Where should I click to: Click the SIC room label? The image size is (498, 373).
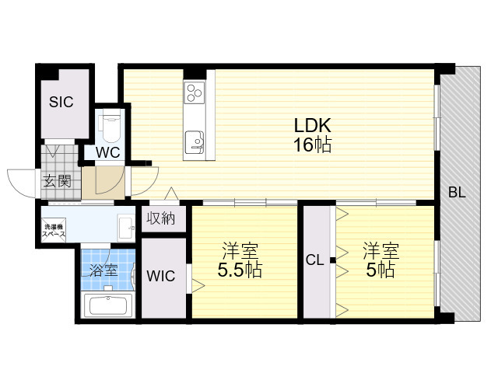pos(61,102)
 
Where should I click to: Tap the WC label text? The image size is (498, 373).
pos(108,152)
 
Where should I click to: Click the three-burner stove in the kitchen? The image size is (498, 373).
pos(195,92)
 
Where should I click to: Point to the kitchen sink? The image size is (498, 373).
pos(194,141)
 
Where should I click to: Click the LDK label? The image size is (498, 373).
pos(313,125)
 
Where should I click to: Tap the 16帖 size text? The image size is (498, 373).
pos(313,145)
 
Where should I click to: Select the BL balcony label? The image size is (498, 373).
pos(457,192)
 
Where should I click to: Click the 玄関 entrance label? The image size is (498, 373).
pos(57,181)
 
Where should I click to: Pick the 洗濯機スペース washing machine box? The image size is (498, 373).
pos(54,231)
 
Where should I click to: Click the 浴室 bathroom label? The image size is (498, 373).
pos(103,270)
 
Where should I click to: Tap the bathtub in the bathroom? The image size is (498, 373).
pos(108,305)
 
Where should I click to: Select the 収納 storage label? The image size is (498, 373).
pos(161,218)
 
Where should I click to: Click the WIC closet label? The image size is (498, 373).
pos(161,276)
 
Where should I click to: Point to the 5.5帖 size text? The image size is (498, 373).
pos(240,270)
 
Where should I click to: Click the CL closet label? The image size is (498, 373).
pos(314,260)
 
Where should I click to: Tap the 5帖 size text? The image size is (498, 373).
pos(381,270)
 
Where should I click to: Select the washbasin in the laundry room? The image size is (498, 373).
pos(126,228)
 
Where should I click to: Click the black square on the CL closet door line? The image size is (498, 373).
pos(332,260)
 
